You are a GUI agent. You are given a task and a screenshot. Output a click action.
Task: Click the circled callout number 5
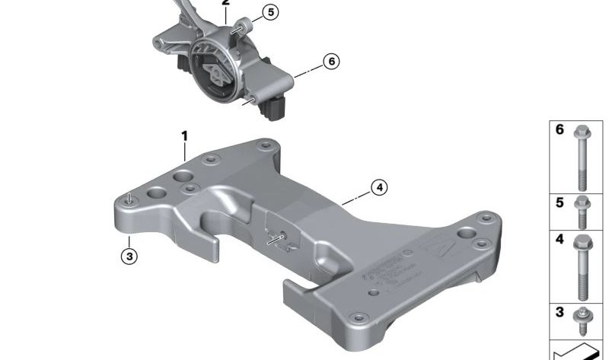point(272,12)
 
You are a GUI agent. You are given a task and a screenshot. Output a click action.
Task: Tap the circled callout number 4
point(378,186)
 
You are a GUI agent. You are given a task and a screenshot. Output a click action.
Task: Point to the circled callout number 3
point(129,256)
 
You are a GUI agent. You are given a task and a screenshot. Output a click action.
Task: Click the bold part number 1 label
point(183,136)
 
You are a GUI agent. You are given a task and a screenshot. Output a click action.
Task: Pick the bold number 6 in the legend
point(560,130)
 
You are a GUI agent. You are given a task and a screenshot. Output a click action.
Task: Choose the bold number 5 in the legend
point(560,204)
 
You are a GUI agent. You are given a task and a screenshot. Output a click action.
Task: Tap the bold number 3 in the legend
point(560,312)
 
